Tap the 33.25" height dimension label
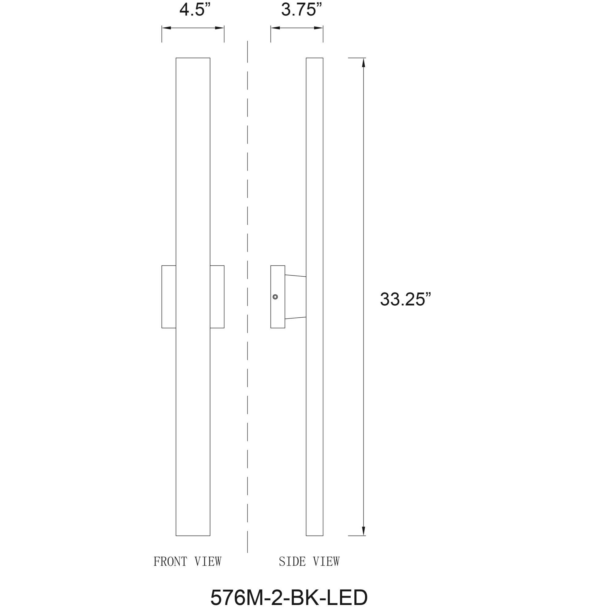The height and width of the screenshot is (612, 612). tap(405, 299)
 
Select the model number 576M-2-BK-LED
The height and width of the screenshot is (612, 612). tap(289, 598)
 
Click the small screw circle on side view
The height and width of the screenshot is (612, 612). tap(275, 297)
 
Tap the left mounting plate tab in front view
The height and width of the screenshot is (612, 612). tap(169, 297)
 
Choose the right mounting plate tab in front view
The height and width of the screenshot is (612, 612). tap(217, 297)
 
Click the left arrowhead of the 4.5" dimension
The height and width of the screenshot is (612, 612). tap(166, 28)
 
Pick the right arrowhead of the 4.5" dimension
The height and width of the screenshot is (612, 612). tap(220, 28)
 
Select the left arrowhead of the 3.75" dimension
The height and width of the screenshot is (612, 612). tap(275, 28)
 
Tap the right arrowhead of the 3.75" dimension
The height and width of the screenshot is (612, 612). tap(319, 28)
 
